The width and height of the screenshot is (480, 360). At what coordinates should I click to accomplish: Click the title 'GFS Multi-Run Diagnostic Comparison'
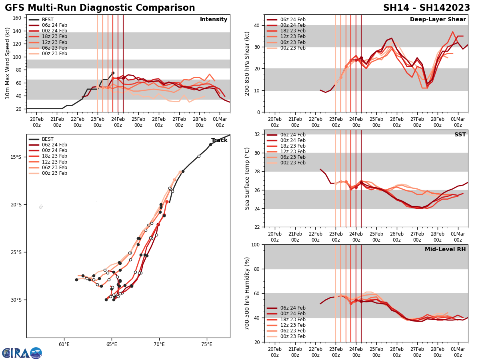(x=100, y=8)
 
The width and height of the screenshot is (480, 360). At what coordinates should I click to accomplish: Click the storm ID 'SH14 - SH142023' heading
(x=426, y=8)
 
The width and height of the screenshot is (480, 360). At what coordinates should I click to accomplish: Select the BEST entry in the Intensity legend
(x=48, y=20)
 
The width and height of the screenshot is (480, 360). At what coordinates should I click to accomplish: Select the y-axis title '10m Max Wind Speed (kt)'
(x=8, y=63)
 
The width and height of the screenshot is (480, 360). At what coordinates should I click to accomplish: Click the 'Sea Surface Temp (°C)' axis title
(x=247, y=178)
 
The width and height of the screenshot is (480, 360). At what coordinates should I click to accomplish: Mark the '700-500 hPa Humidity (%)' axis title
(x=247, y=293)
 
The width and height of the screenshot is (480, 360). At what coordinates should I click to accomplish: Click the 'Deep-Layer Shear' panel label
(x=438, y=20)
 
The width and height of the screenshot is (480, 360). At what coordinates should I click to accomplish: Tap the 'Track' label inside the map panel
(x=219, y=140)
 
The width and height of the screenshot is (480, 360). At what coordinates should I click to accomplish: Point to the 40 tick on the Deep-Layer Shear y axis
(x=257, y=25)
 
